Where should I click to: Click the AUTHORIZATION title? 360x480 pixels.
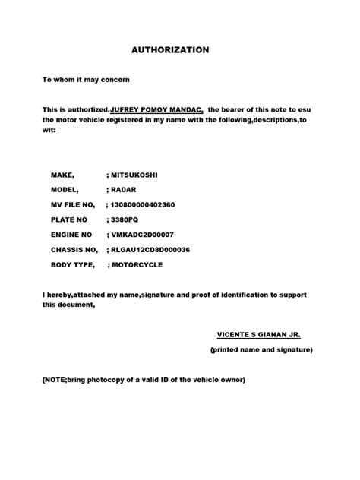point(170,50)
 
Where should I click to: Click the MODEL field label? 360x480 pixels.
point(65,190)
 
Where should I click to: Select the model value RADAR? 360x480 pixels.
point(124,190)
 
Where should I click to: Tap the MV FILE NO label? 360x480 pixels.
point(73,205)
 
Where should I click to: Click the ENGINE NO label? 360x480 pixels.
point(71,235)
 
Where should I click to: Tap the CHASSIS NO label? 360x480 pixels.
point(74,250)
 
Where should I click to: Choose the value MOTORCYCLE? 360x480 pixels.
point(137,265)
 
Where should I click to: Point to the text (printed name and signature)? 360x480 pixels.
point(261,349)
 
